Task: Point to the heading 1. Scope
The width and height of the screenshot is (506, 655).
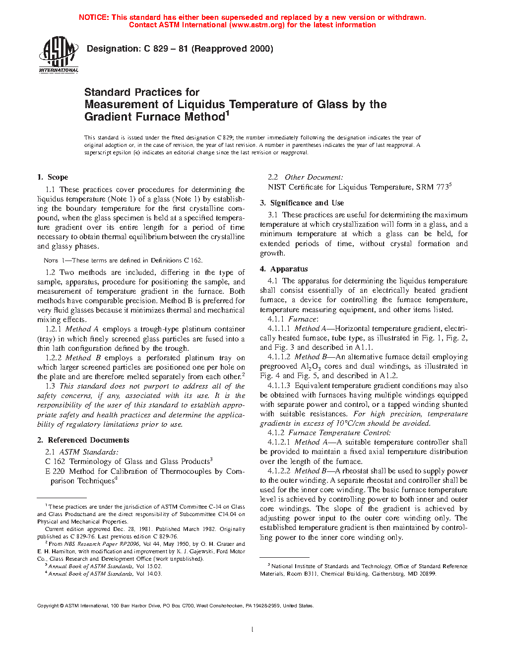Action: [53, 177]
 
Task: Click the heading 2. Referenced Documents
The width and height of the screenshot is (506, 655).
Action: [83, 440]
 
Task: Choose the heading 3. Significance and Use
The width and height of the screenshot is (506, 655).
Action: [302, 203]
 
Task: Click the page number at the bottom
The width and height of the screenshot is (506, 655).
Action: [253, 630]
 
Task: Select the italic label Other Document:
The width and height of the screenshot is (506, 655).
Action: [314, 177]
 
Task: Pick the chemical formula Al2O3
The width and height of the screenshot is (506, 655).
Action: [311, 367]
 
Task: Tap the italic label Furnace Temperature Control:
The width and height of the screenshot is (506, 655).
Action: [339, 433]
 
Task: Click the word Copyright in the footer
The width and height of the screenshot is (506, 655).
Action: [48, 605]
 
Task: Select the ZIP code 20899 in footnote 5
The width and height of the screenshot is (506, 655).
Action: [428, 574]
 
